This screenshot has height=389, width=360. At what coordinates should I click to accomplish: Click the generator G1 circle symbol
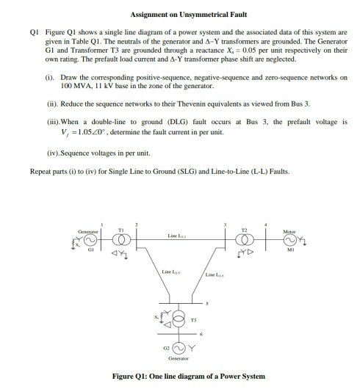90,239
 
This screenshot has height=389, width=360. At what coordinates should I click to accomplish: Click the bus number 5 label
209,303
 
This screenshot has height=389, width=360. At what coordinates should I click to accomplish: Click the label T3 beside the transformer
204,321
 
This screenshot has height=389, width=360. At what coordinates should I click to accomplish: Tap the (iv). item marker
52,153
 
